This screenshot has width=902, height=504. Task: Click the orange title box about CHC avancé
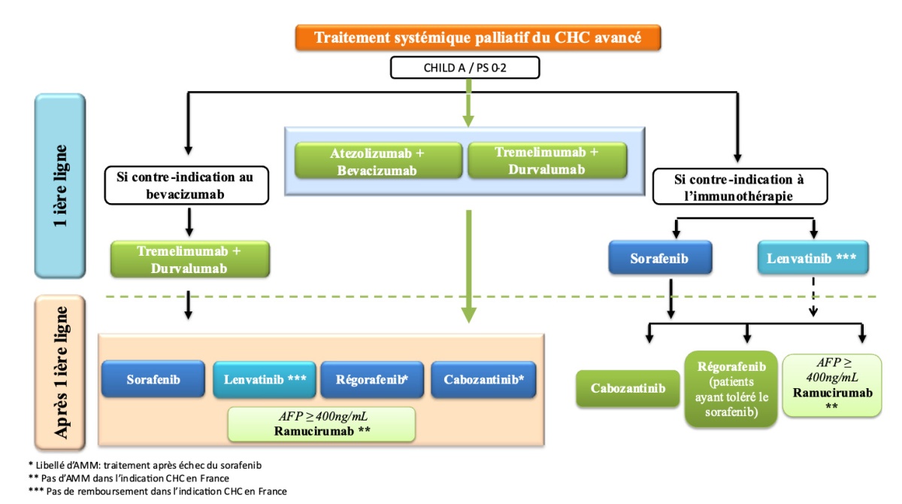[478, 38]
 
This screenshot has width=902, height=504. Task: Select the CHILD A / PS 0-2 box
[465, 68]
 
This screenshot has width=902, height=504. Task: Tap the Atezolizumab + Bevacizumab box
[377, 161]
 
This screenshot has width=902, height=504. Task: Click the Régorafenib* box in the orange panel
[372, 380]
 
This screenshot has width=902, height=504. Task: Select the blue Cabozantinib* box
[488, 380]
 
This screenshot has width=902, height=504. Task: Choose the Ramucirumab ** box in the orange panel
[322, 424]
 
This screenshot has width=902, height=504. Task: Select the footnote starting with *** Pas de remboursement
[147, 491]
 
